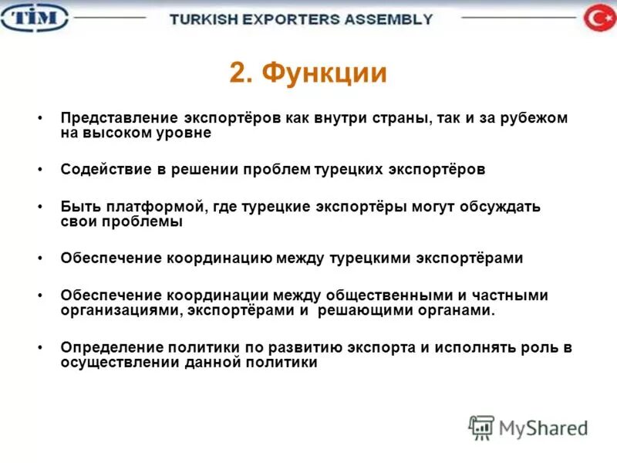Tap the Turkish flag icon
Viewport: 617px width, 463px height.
[598, 18]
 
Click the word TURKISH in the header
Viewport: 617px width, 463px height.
[203, 19]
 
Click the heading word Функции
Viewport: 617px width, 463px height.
[324, 73]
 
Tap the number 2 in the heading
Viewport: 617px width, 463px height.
[239, 73]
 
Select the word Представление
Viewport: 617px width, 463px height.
[120, 119]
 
